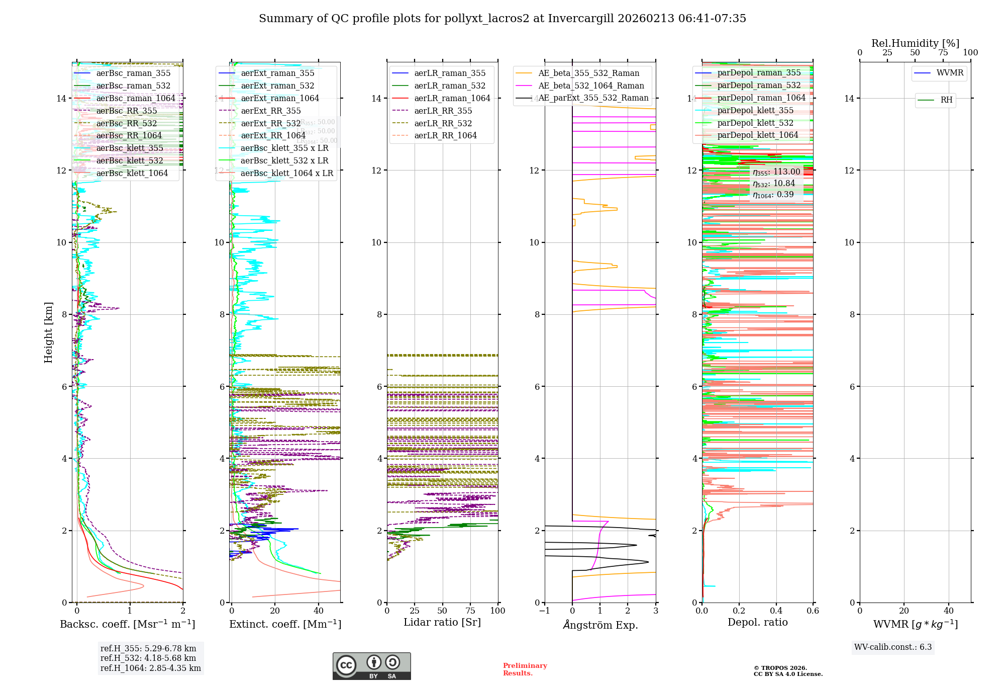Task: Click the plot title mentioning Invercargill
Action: (502, 19)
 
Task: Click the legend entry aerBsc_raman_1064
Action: (136, 99)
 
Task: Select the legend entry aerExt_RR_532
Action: (270, 123)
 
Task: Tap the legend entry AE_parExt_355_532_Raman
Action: (593, 98)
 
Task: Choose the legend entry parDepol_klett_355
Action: (755, 111)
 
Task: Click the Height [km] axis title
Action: (48, 332)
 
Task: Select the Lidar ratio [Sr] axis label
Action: (442, 622)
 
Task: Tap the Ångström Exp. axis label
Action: (600, 625)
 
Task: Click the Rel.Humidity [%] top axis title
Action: (915, 43)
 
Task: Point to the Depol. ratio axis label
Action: (757, 622)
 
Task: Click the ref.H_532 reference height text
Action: (148, 658)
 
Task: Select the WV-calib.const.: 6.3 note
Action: (893, 647)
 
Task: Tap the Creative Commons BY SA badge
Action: (371, 666)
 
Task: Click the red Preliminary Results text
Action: (525, 669)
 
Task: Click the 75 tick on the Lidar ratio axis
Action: (470, 611)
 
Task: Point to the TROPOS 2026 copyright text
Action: (787, 671)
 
